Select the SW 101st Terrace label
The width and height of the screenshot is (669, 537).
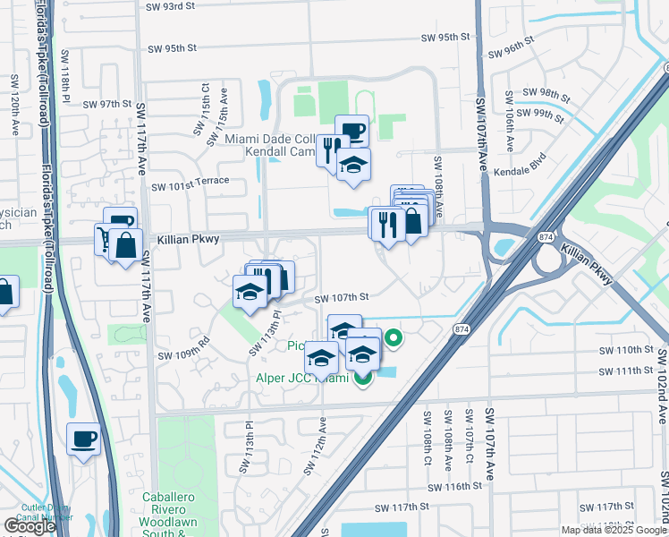click(190, 186)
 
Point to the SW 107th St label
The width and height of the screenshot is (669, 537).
click(341, 297)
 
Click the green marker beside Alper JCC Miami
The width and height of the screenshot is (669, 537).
click(362, 379)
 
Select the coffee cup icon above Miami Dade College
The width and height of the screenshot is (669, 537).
click(351, 132)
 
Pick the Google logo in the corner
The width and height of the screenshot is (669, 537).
click(30, 526)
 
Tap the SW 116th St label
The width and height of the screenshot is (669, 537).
click(453, 486)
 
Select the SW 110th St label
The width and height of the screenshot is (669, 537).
click(628, 349)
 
